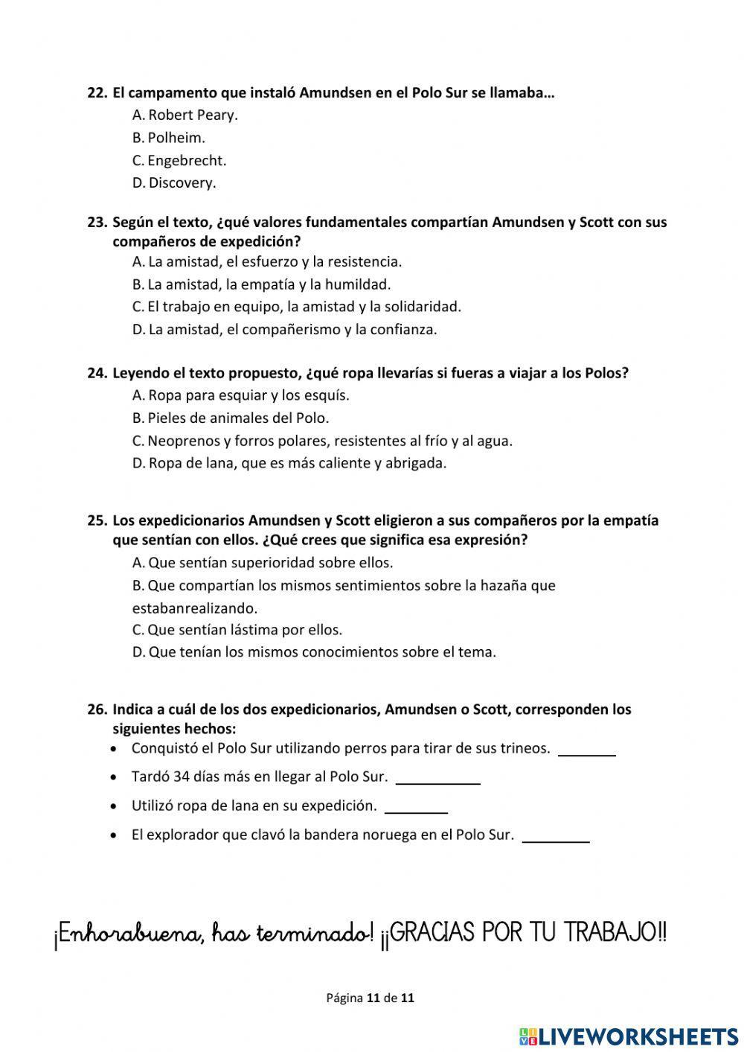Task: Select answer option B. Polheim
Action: pyautogui.click(x=169, y=138)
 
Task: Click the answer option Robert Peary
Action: pyautogui.click(x=185, y=115)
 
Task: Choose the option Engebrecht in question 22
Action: pyautogui.click(x=179, y=160)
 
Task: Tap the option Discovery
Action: pyautogui.click(x=174, y=182)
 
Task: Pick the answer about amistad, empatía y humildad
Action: pyautogui.click(x=261, y=284)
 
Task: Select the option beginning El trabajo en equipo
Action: pyautogui.click(x=297, y=306)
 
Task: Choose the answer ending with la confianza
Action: pyautogui.click(x=284, y=329)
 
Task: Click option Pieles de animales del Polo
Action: pyautogui.click(x=231, y=418)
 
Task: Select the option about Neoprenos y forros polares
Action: pyautogui.click(x=322, y=441)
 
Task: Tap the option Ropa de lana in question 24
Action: pyautogui.click(x=289, y=463)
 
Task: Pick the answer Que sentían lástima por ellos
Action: pyautogui.click(x=237, y=629)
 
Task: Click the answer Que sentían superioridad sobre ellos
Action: pyautogui.click(x=263, y=562)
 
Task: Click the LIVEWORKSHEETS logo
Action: pyautogui.click(x=629, y=1036)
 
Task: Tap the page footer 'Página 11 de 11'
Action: pyautogui.click(x=370, y=998)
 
